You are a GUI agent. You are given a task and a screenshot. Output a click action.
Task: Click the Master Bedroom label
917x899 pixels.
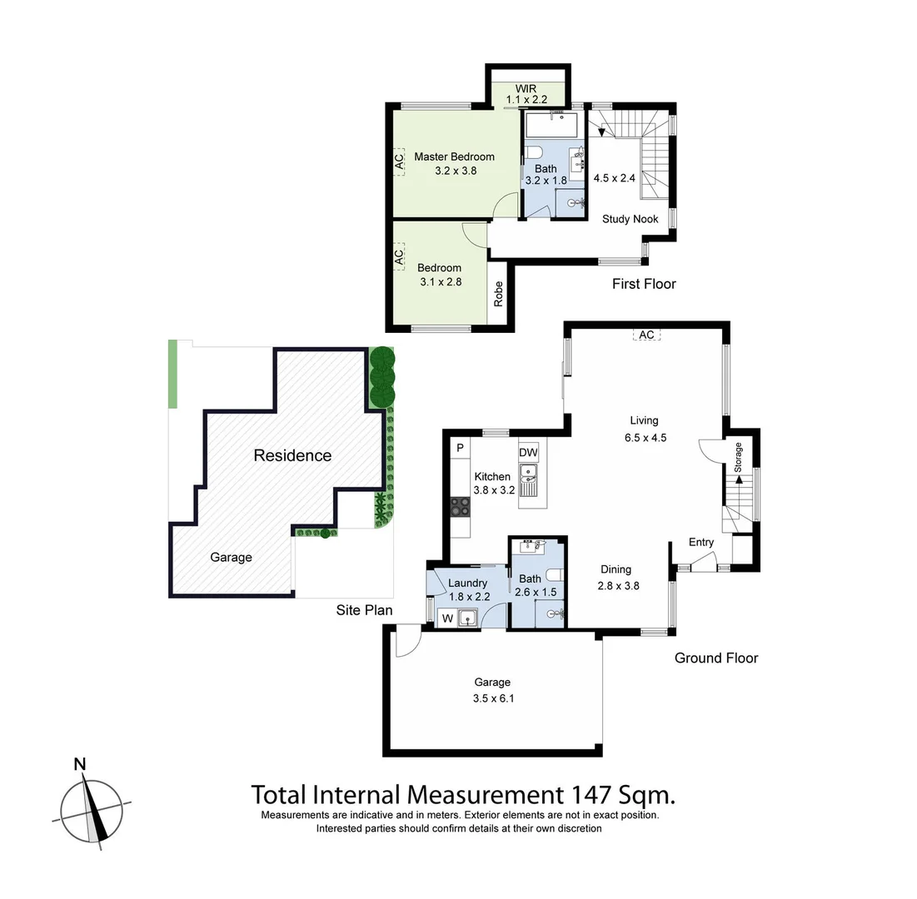(454, 156)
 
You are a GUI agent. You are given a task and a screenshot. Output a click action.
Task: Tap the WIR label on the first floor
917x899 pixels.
(526, 88)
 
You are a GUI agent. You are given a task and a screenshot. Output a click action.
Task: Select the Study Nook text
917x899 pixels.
(630, 219)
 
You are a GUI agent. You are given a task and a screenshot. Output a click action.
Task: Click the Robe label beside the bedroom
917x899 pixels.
(499, 294)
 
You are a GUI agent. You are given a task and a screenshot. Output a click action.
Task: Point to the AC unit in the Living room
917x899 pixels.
(646, 335)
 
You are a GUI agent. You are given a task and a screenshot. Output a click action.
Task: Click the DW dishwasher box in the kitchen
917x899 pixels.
(529, 452)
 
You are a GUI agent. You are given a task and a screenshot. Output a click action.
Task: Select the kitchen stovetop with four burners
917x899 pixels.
(460, 506)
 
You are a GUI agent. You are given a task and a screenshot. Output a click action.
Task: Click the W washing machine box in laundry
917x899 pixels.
(447, 618)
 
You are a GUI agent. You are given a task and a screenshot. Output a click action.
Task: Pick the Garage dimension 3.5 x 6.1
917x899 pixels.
(494, 698)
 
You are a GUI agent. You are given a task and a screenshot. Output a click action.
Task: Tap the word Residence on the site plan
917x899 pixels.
(292, 455)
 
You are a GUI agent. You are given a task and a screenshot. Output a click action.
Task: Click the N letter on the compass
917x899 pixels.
(80, 764)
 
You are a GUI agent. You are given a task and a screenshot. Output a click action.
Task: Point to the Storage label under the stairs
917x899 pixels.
(737, 458)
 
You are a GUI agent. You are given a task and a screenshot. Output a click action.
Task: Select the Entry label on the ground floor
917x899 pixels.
(701, 542)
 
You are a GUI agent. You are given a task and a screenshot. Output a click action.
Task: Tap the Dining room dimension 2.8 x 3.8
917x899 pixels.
(618, 585)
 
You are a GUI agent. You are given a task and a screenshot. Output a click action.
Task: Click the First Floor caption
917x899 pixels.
(644, 284)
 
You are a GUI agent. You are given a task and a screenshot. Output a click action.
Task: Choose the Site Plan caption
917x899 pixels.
(364, 610)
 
